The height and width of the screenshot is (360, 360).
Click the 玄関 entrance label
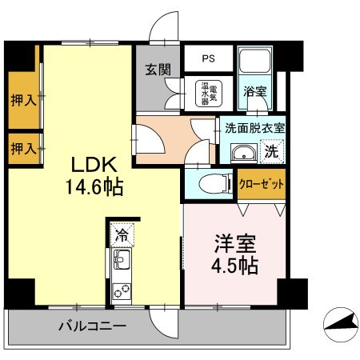(x=158, y=69)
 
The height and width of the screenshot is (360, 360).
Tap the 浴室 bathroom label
(x=255, y=91)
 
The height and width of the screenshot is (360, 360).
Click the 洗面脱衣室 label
(x=254, y=127)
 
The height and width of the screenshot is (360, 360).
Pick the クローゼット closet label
(x=262, y=182)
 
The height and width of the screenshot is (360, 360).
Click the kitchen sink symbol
(x=122, y=259)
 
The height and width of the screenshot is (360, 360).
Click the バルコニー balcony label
(x=93, y=326)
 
